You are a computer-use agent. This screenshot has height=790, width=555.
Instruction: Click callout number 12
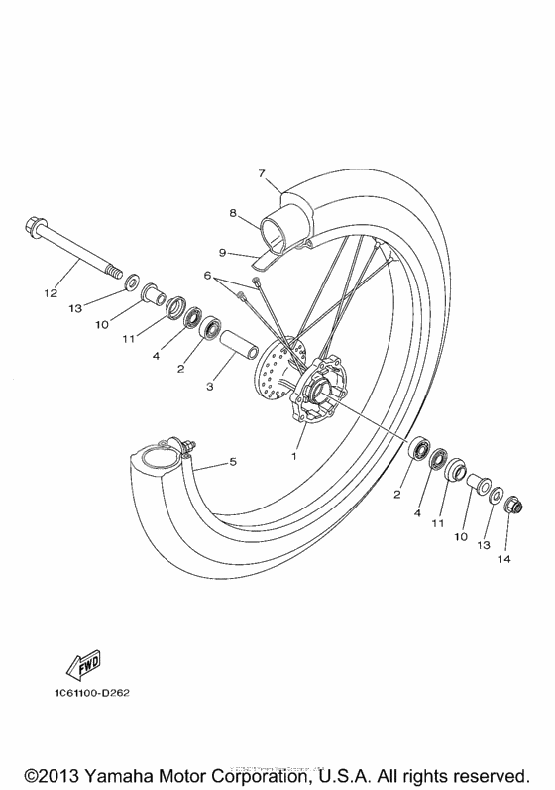(x=51, y=293)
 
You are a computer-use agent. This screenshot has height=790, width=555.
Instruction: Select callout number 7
(x=262, y=173)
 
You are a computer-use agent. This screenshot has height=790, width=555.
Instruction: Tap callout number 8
(x=232, y=212)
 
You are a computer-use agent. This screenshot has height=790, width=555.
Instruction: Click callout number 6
(x=208, y=274)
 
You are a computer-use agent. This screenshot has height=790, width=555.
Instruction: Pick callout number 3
(x=209, y=387)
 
